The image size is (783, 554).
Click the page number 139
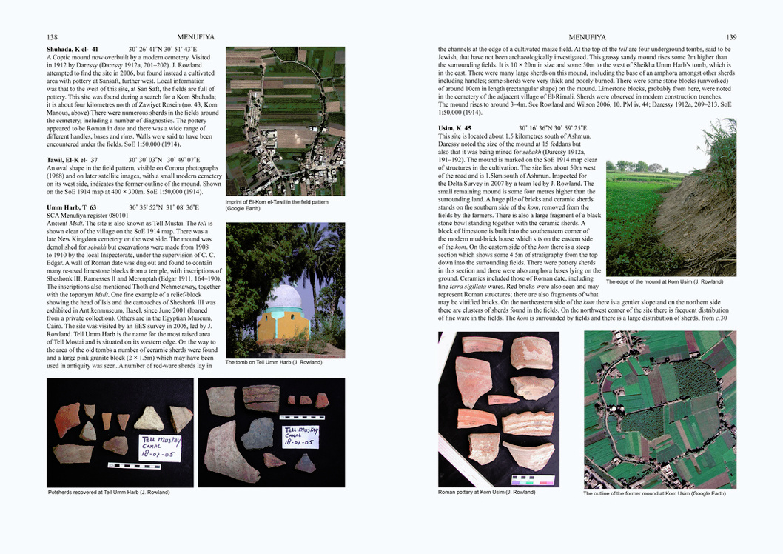(730, 37)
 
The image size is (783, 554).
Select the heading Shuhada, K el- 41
(73, 50)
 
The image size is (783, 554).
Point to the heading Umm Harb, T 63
(71, 207)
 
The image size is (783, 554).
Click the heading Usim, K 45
(454, 128)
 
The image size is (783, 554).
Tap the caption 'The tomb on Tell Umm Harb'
(274, 362)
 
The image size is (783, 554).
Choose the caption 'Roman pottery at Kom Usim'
(486, 493)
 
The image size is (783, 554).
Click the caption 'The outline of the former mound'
(654, 493)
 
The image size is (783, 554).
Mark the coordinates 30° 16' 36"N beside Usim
(541, 128)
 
